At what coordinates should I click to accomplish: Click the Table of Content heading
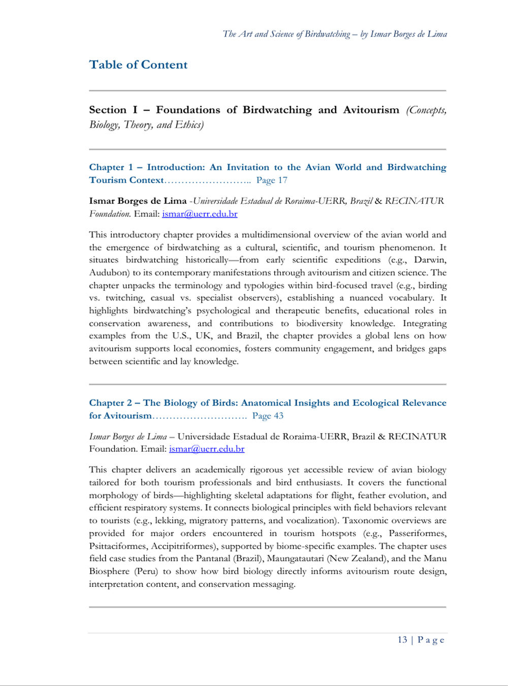click(x=138, y=65)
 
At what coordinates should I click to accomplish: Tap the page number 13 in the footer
click(x=402, y=640)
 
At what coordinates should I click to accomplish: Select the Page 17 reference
click(x=272, y=180)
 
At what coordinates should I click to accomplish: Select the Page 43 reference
click(x=268, y=416)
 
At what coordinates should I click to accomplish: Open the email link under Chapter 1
click(x=200, y=214)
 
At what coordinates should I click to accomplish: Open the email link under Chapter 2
click(x=207, y=449)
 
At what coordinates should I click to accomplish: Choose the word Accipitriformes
click(x=184, y=546)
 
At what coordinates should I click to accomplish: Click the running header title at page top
click(x=335, y=34)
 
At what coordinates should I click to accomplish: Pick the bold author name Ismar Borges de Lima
click(x=138, y=201)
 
